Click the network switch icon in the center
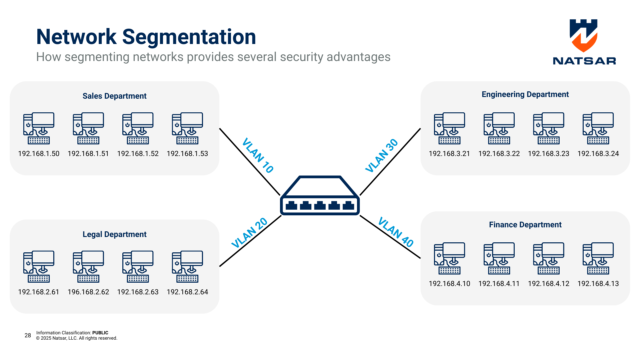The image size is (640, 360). tap(320, 197)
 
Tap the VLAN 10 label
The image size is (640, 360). tap(258, 155)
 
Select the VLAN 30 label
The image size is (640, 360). tap(382, 155)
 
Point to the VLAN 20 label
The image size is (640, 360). tap(249, 233)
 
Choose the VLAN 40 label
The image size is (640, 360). tap(396, 232)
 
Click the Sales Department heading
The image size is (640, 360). tap(114, 96)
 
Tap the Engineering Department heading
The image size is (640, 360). tap(525, 94)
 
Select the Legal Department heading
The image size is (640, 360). tap(114, 234)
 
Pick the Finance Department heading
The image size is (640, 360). tap(525, 225)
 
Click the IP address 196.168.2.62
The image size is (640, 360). tap(88, 292)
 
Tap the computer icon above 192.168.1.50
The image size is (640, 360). tap(39, 128)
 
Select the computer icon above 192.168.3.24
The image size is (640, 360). tap(598, 128)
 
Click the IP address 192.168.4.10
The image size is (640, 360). tap(449, 284)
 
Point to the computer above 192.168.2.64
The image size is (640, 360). tap(187, 267)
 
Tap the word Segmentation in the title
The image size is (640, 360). tap(189, 37)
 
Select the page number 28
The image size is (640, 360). tap(28, 335)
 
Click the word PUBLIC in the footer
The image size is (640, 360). tap(100, 333)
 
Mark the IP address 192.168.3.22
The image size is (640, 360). tap(499, 154)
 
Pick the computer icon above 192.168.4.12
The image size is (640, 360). tap(549, 258)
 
